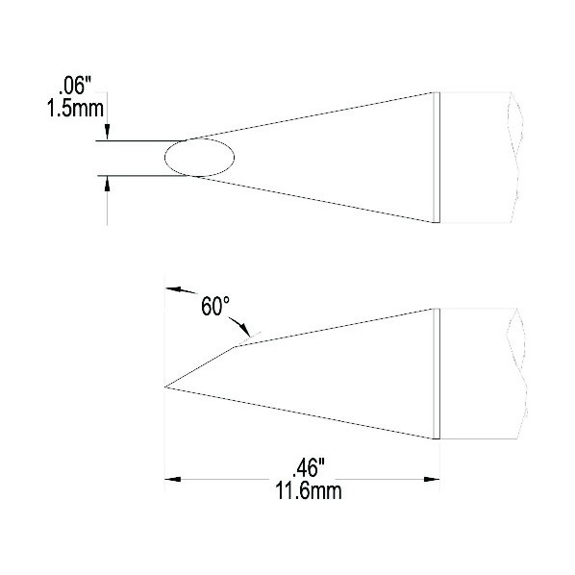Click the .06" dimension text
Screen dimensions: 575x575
[74, 87]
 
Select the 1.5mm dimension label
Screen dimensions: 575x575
[75, 109]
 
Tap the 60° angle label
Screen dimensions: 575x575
[215, 306]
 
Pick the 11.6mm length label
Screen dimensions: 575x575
[309, 491]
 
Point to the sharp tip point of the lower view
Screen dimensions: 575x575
[165, 387]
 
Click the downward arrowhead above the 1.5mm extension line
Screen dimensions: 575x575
[107, 132]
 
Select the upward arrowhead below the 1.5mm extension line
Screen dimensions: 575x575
[107, 184]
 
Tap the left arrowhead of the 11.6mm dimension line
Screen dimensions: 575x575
[172, 479]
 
